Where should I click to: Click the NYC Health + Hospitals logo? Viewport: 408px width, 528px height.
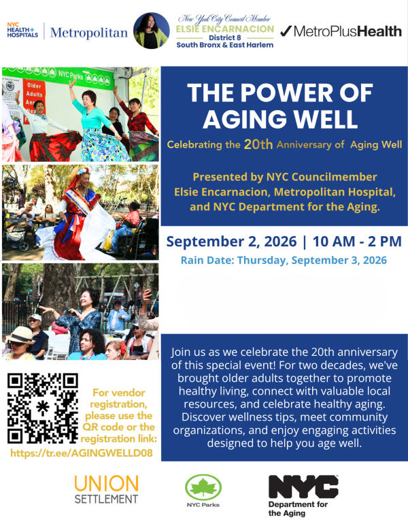22,30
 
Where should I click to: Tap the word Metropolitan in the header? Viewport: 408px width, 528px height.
89,33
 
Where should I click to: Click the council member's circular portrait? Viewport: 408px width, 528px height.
151,31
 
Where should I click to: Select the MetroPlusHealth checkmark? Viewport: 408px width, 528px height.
286,31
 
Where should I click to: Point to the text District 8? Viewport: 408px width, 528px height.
224,37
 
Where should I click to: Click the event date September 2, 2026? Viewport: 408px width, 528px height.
231,242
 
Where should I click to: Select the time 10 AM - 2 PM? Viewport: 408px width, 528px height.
357,242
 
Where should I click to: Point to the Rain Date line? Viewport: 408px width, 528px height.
284,261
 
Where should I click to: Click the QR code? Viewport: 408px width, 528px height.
43,408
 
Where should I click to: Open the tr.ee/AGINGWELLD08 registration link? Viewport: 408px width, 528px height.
82,453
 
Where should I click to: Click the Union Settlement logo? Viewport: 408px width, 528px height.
106,489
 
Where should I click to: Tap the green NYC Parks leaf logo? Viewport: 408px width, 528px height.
203,488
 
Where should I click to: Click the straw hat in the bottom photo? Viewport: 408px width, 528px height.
20,335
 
